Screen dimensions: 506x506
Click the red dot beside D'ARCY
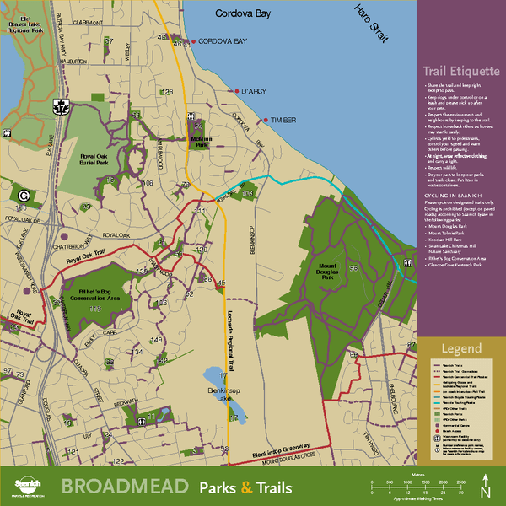236,91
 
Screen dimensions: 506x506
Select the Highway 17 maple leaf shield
61,106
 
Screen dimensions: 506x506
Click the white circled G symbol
24,195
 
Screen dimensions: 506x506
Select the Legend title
460,349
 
